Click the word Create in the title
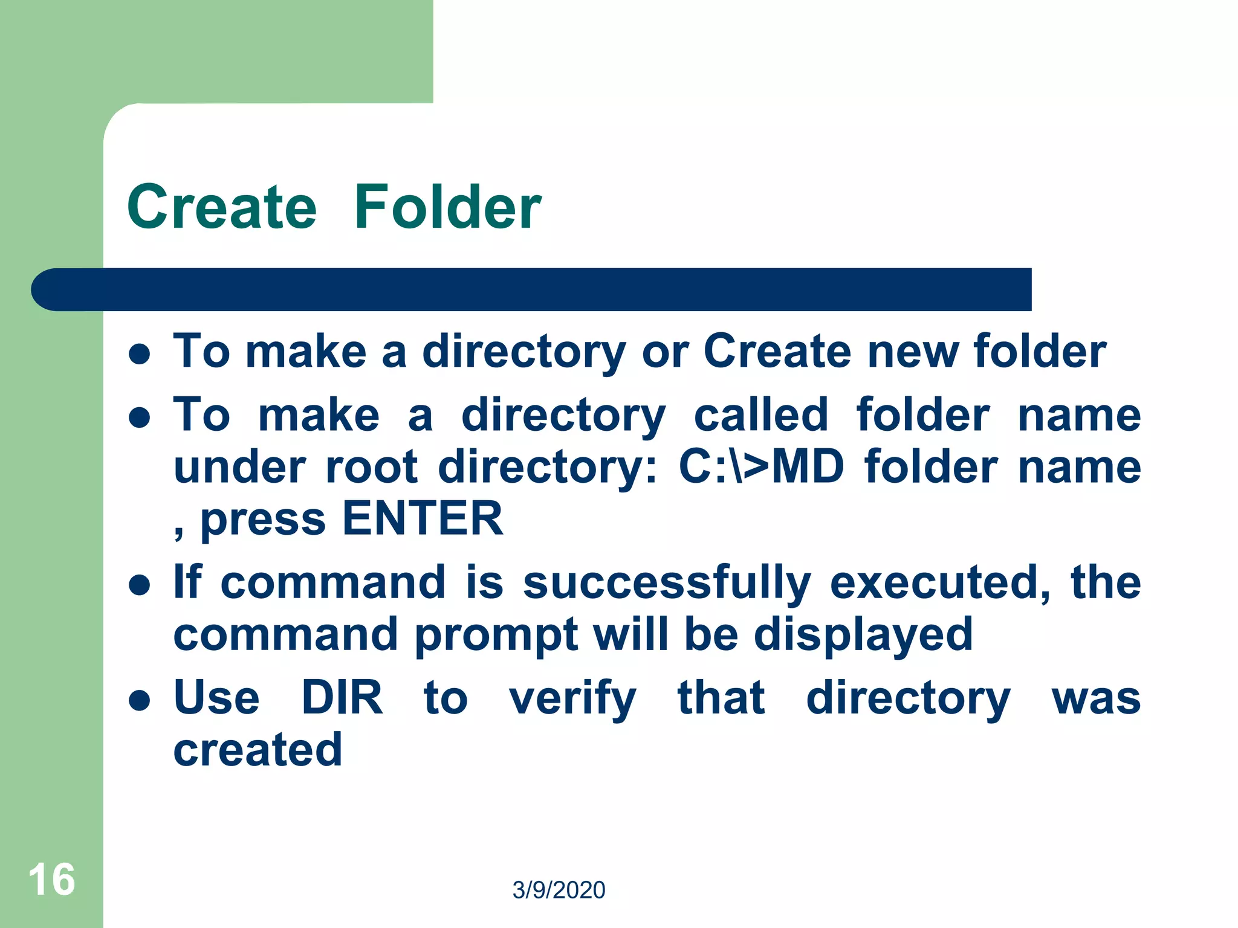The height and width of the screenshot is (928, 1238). [222, 207]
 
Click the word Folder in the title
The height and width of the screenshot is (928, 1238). [447, 207]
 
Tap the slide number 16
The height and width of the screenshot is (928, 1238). [51, 880]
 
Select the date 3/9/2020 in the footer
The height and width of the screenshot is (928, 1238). [559, 890]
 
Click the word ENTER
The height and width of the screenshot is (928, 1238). [423, 518]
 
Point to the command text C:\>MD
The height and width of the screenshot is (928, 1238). [761, 466]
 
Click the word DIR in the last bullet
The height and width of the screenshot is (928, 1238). [342, 697]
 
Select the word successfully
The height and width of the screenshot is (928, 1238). [666, 582]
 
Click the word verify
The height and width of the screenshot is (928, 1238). [572, 698]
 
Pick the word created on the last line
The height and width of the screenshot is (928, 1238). [258, 749]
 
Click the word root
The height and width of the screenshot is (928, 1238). [372, 466]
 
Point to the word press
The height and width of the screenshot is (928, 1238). [263, 520]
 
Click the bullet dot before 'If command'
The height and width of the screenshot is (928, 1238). [140, 584]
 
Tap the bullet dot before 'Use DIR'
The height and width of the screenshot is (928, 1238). [140, 700]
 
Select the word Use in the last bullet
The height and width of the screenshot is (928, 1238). [216, 697]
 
